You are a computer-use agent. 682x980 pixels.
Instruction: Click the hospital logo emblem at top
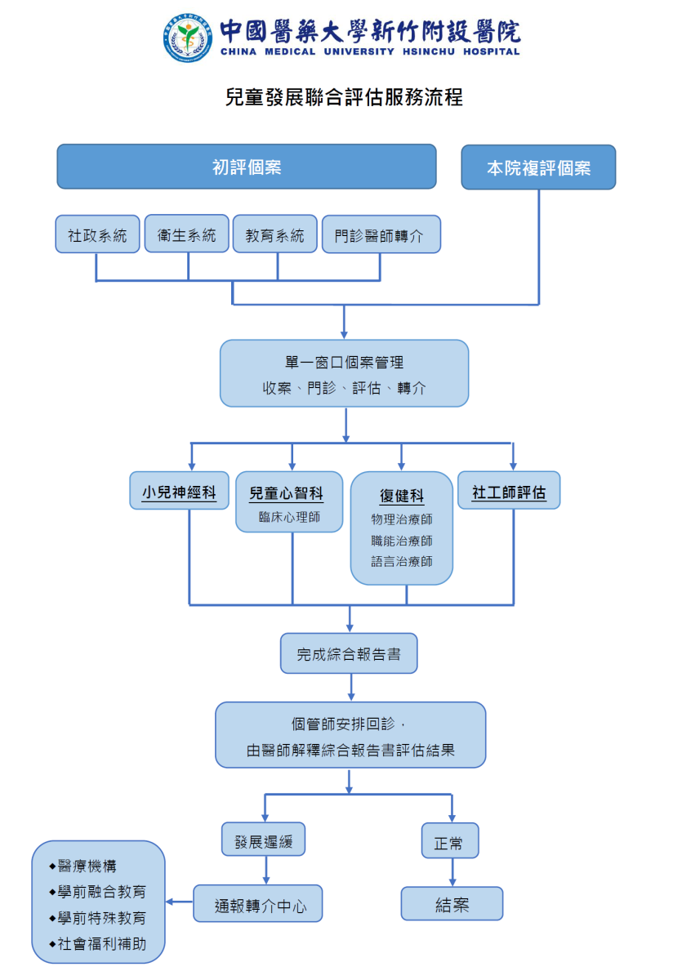coord(187,38)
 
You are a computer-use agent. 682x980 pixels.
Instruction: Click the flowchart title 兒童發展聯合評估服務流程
coord(344,97)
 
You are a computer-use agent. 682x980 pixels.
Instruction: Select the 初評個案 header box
coord(246,167)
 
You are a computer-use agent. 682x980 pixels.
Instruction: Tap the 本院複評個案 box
coord(538,168)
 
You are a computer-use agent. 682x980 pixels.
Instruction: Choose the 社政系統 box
coord(97,235)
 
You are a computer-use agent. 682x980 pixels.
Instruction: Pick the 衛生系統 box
coord(186,234)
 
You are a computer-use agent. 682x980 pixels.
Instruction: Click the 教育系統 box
coord(274,235)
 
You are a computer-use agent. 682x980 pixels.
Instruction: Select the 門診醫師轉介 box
coord(381,235)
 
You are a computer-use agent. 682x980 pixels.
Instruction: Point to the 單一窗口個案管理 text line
coord(344,363)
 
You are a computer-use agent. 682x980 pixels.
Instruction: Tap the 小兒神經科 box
coord(179,492)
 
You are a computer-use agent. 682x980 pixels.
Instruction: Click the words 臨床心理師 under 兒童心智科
coord(289,517)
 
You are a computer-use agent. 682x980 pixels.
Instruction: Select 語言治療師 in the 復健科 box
coord(401,562)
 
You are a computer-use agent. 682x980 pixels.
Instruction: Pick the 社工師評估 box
coord(509,492)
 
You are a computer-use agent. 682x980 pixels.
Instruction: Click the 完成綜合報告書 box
coord(349,654)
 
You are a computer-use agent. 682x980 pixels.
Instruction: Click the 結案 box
coord(452,905)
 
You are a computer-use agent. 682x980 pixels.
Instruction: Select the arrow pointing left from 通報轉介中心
coord(179,902)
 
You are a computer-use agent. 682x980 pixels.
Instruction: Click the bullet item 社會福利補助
coord(102,943)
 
